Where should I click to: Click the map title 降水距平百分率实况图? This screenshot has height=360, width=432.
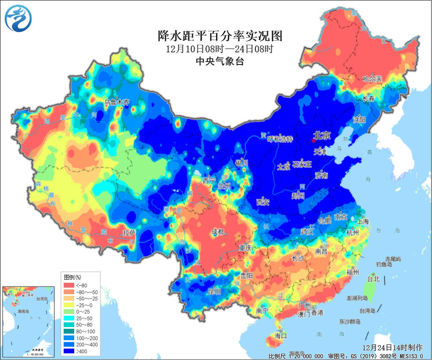click(x=219, y=35)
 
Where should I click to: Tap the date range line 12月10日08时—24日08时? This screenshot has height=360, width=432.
click(x=219, y=49)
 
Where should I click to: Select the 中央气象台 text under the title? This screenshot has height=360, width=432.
click(x=220, y=61)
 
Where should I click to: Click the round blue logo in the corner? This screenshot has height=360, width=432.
click(x=19, y=18)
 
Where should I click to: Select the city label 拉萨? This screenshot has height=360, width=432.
click(x=129, y=233)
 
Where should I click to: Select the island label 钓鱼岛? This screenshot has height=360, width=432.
click(x=384, y=265)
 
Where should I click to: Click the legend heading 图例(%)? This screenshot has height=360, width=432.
click(x=73, y=278)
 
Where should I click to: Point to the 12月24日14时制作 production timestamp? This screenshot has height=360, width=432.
click(x=392, y=348)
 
